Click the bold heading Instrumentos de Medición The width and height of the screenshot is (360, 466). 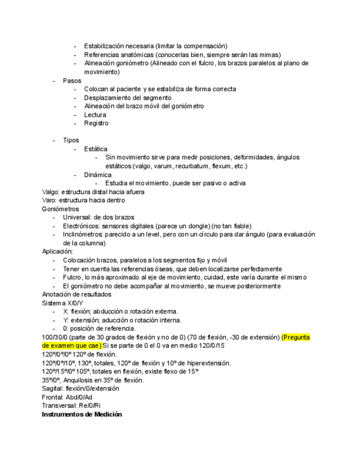(82, 414)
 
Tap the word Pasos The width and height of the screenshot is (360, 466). (72, 81)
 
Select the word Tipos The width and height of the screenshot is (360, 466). (71, 140)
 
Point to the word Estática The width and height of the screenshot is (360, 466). (96, 149)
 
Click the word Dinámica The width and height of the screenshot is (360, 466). (97, 175)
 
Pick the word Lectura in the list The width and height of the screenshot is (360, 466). (95, 115)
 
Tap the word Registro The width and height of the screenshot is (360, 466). (96, 123)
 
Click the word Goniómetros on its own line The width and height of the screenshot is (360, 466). (60, 209)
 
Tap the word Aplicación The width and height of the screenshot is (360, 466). (58, 252)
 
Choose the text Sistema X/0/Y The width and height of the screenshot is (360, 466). (63, 303)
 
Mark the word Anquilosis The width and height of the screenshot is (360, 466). (81, 380)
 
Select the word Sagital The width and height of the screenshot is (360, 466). (53, 389)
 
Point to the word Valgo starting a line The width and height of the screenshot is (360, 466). (50, 192)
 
